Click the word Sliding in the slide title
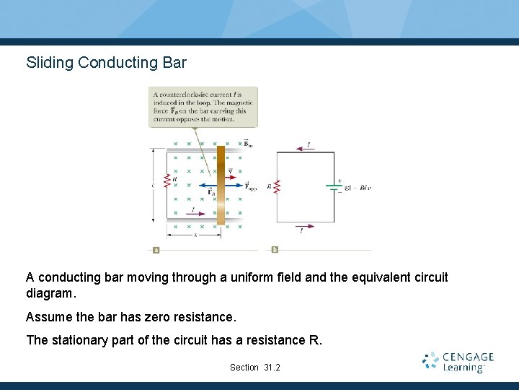pyautogui.click(x=50, y=63)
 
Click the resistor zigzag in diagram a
pyautogui.click(x=167, y=185)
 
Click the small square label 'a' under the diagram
pyautogui.click(x=156, y=250)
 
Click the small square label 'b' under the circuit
pyautogui.click(x=275, y=250)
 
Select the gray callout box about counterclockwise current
pyautogui.click(x=203, y=106)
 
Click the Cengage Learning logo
pyautogui.click(x=458, y=362)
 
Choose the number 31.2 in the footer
pyautogui.click(x=272, y=368)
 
